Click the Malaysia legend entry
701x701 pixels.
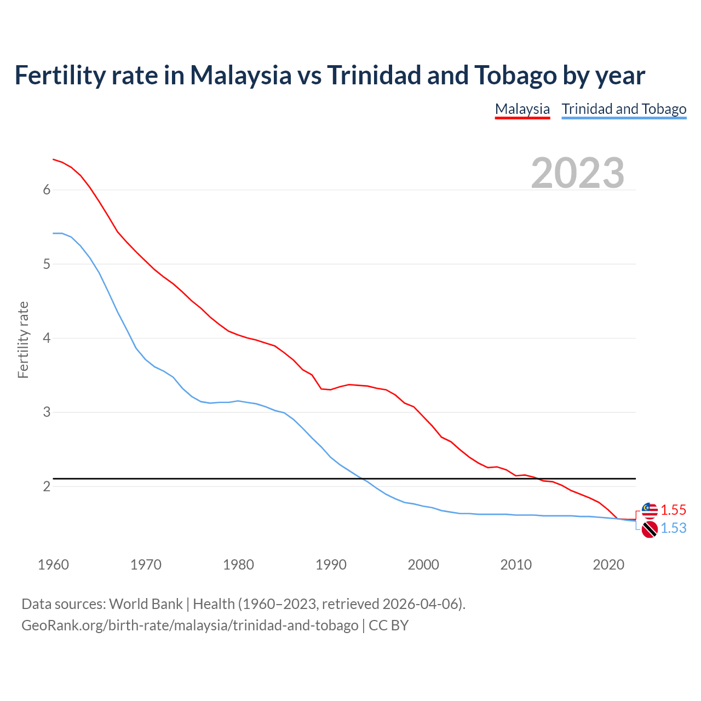(x=522, y=109)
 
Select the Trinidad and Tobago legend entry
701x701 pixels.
(x=624, y=109)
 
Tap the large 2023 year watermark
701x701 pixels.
(x=577, y=173)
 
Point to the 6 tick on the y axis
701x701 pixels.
(x=47, y=190)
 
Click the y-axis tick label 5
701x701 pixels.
(x=47, y=264)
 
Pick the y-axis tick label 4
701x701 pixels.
(x=47, y=338)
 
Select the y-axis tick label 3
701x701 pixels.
(x=47, y=412)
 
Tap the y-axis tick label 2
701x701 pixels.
(x=47, y=486)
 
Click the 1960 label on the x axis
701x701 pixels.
(x=53, y=565)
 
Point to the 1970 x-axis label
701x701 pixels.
(x=146, y=565)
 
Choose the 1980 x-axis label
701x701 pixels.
(x=238, y=565)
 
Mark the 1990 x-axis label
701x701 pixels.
(x=331, y=565)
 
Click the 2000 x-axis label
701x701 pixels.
(x=423, y=565)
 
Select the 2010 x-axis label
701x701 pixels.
(x=516, y=565)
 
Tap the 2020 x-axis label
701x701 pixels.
(x=608, y=565)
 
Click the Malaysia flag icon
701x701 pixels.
(x=650, y=510)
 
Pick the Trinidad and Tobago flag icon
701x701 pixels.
(x=650, y=529)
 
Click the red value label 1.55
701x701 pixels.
(x=673, y=510)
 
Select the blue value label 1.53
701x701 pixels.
(x=673, y=528)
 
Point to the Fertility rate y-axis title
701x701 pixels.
(x=23, y=340)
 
